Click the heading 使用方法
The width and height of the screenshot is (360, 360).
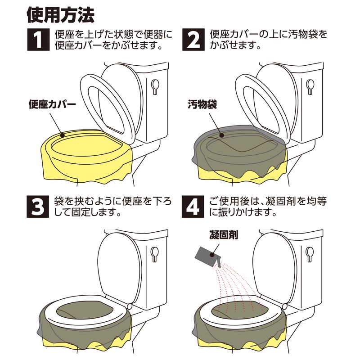click(61, 15)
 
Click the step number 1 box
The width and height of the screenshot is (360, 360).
click(38, 40)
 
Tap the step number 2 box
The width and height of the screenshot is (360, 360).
click(193, 40)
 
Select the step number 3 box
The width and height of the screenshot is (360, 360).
click(38, 207)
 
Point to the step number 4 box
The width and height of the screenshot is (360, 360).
click(193, 207)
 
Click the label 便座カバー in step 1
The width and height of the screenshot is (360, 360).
click(52, 104)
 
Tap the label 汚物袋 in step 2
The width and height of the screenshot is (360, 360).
click(202, 104)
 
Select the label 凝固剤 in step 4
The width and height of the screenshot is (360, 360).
click(224, 235)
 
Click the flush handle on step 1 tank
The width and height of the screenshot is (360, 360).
click(155, 86)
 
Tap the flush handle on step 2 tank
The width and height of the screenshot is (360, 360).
click(310, 86)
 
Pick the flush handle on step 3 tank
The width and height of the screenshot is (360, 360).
click(154, 254)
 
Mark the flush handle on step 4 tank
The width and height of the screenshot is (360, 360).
click(310, 254)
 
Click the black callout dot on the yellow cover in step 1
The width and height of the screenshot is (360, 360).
click(62, 135)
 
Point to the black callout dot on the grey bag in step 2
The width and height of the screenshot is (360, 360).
click(221, 135)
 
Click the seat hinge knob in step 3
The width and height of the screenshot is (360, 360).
click(130, 306)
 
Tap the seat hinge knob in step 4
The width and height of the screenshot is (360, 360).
click(285, 306)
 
